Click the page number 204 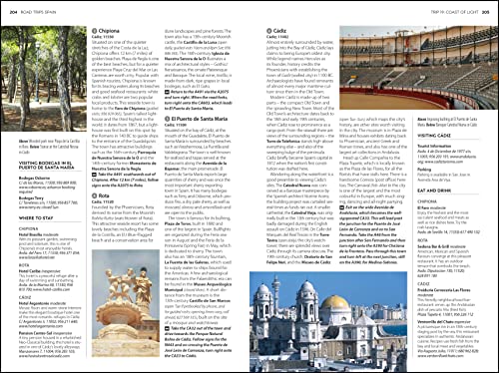coord(8,8)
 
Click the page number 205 coord(490,8)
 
